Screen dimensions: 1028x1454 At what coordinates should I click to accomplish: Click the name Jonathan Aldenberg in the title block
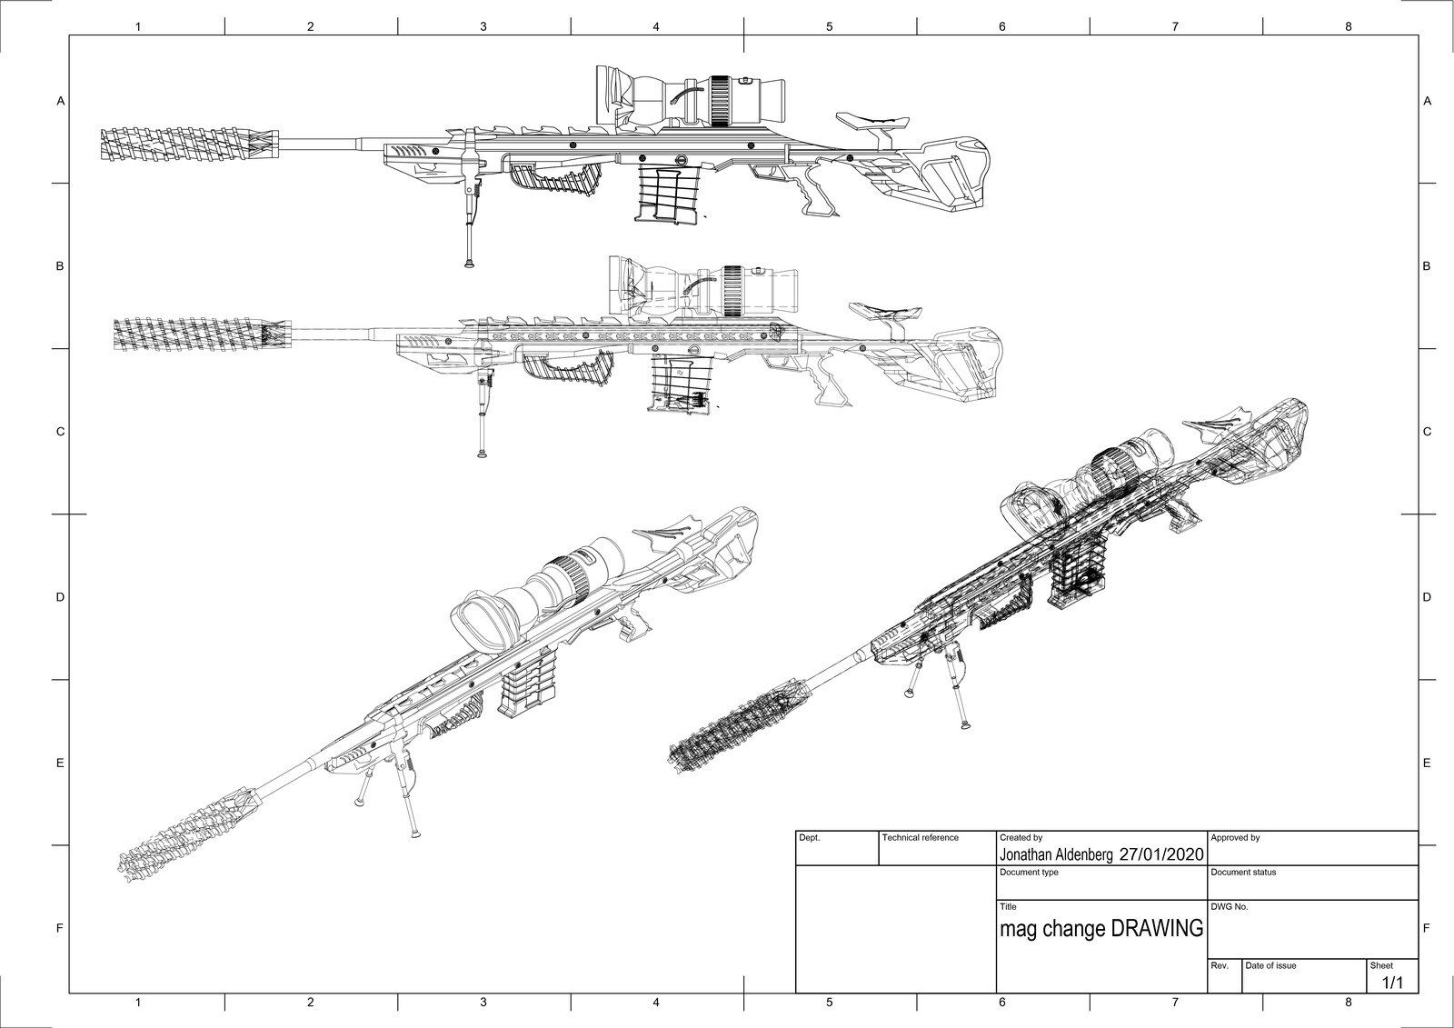1056,854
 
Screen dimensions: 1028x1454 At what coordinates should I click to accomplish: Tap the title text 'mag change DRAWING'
1100,929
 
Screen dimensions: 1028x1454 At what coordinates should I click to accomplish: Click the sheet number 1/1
1392,983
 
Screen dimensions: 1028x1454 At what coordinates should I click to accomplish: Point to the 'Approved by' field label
1235,838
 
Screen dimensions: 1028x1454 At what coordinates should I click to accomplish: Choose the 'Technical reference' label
921,838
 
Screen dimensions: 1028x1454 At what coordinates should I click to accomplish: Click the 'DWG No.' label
1229,907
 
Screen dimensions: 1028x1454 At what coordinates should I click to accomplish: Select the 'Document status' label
1243,873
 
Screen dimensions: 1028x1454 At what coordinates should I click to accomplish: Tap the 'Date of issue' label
1270,965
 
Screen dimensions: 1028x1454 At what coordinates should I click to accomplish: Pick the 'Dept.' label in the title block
809,838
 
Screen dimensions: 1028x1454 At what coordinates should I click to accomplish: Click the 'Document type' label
1029,873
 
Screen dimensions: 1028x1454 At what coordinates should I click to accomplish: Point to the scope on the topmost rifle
691,95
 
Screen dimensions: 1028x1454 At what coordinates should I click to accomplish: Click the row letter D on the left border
61,597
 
